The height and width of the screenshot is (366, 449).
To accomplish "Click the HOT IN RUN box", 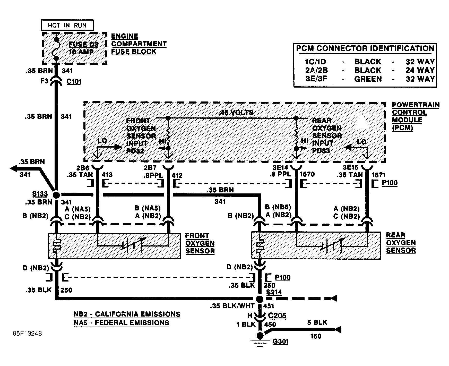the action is pyautogui.click(x=67, y=25).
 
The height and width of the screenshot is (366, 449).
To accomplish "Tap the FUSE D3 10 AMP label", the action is pyautogui.click(x=83, y=48).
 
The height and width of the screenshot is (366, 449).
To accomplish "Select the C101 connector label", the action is pyautogui.click(x=74, y=82).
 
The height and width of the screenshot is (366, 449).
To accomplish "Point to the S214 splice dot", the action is pyautogui.click(x=260, y=299).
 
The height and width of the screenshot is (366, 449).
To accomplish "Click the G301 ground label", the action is pyautogui.click(x=281, y=342).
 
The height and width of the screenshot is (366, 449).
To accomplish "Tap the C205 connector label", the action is pyautogui.click(x=277, y=315).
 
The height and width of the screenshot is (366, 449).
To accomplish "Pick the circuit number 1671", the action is pyautogui.click(x=378, y=175).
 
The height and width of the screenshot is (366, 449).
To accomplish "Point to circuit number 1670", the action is pyautogui.click(x=307, y=174).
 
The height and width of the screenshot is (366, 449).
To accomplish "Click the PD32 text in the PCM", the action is pyautogui.click(x=135, y=151).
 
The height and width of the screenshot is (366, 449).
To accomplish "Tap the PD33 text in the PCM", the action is pyautogui.click(x=321, y=150).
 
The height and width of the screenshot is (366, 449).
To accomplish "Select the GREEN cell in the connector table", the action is pyautogui.click(x=368, y=79).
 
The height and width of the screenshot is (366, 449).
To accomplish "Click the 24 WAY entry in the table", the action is pyautogui.click(x=420, y=70).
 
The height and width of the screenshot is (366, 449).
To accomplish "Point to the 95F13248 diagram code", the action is pyautogui.click(x=27, y=334).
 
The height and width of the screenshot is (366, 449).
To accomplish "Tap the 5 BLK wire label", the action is pyautogui.click(x=317, y=322).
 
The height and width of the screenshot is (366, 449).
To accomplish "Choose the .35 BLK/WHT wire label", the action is pyautogui.click(x=232, y=306).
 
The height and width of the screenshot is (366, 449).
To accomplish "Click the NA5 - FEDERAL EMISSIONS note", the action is pyautogui.click(x=122, y=323).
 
